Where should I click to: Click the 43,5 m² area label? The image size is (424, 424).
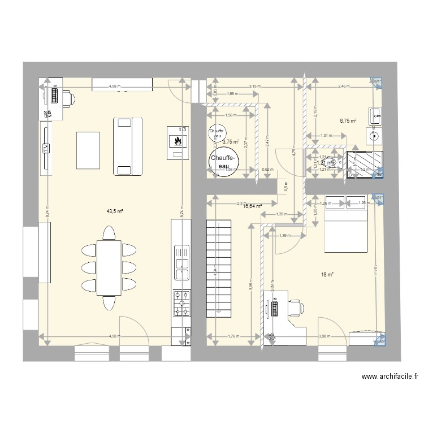point(115,211)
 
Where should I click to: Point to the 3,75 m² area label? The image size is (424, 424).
point(231,142)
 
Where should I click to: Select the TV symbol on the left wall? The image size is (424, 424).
point(45,148)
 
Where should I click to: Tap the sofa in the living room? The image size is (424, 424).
point(127,146)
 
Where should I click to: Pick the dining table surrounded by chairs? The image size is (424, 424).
point(109,267)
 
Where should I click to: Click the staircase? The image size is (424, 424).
point(218,269)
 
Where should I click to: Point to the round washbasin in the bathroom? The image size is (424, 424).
point(374,135)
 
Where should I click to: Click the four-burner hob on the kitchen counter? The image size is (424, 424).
point(181,304)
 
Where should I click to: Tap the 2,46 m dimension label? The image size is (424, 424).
point(344,87)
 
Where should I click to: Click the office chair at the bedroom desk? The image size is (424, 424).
point(295,308)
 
